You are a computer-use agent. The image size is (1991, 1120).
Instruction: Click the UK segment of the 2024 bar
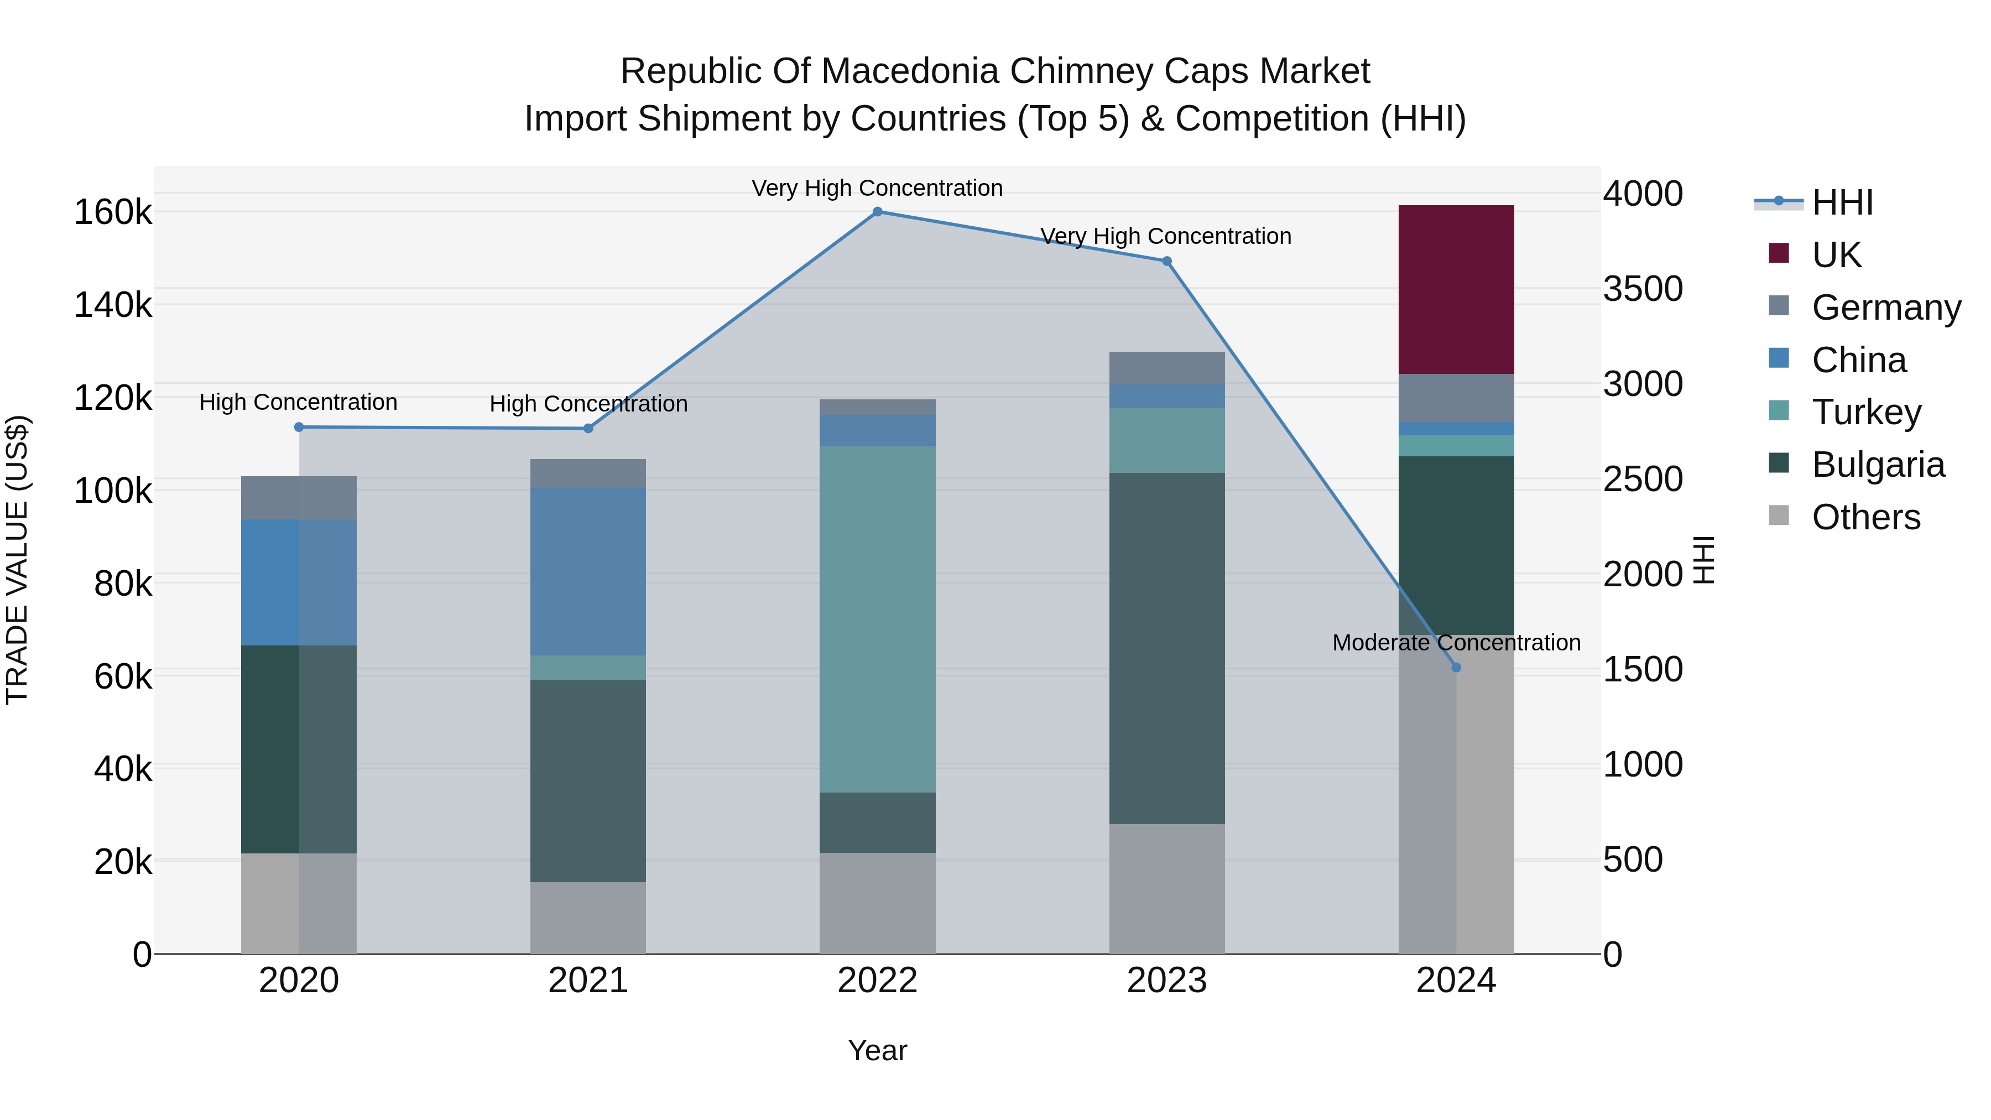[1456, 289]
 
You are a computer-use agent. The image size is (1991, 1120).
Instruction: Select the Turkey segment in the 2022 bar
[877, 618]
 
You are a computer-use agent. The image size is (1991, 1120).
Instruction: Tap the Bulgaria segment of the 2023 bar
[1166, 648]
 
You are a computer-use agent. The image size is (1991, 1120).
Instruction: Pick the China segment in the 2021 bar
[587, 571]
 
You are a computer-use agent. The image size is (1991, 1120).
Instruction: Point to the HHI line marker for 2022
[877, 212]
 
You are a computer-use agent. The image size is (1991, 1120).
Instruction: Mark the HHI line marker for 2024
[1456, 667]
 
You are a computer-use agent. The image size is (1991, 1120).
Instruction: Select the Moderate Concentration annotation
[1456, 642]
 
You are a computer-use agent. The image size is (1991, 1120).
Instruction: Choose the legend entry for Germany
[1885, 307]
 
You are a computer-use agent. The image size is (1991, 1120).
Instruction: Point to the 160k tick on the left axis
[113, 212]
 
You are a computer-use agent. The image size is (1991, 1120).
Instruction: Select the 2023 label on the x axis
[1166, 980]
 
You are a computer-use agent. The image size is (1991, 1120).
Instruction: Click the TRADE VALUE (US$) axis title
[17, 560]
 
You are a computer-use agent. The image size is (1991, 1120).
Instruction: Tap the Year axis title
[877, 1050]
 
